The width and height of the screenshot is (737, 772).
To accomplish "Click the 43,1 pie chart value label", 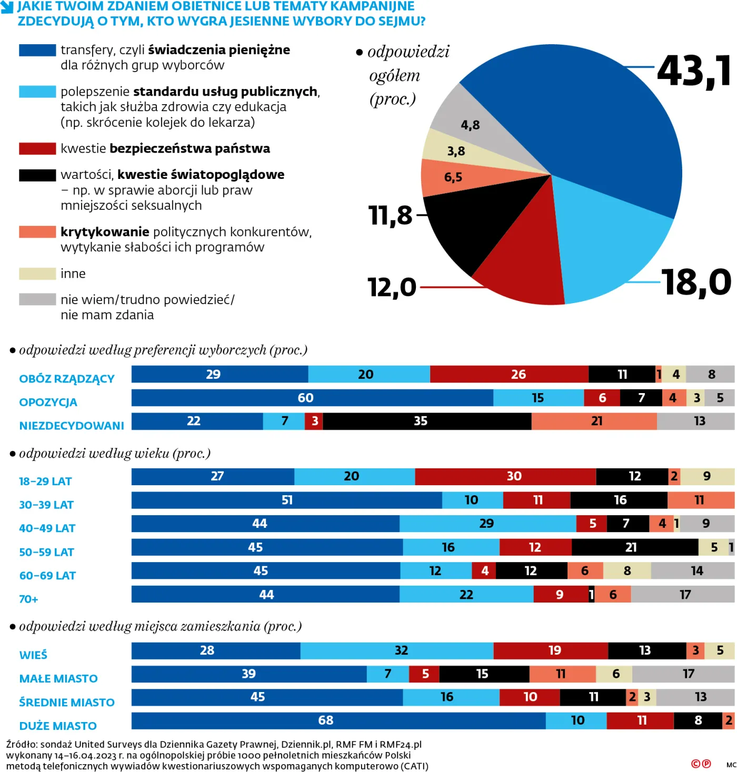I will [694, 71].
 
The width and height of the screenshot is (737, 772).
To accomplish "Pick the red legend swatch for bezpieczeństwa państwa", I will [37, 148].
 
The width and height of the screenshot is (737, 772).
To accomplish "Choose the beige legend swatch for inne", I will [37, 274].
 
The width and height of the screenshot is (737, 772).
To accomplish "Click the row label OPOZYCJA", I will [48, 402].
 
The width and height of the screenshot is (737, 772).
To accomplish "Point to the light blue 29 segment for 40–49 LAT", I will [487, 524].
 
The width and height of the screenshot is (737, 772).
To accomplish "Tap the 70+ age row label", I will [28, 599].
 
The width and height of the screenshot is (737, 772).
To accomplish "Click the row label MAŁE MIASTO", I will [58, 678].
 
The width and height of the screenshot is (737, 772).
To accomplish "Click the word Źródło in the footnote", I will [21, 745].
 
